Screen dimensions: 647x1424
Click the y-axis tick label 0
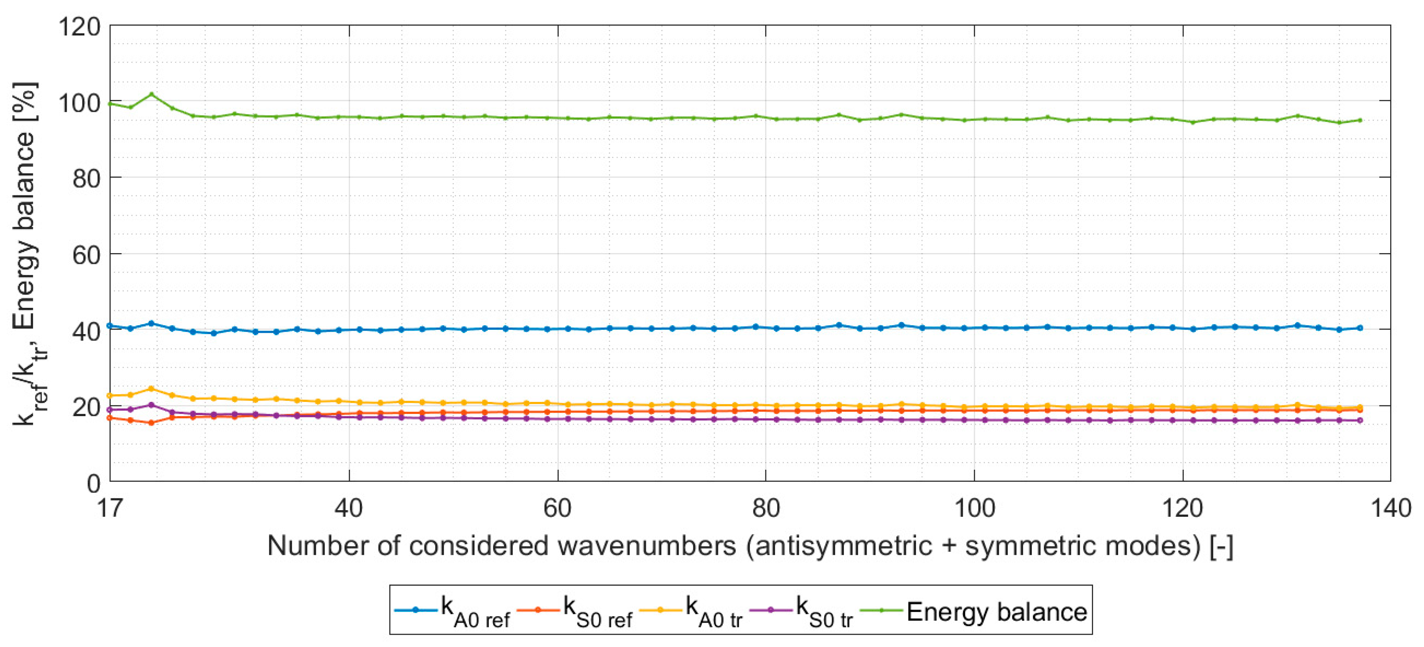pyautogui.click(x=94, y=483)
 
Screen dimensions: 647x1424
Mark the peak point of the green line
pyautogui.click(x=151, y=94)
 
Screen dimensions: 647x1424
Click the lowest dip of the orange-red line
pyautogui.click(x=151, y=422)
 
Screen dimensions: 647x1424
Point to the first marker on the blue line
pyautogui.click(x=110, y=326)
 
